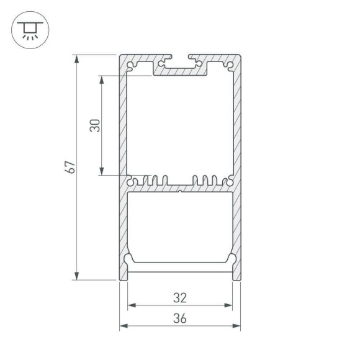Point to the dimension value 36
pos(180,318)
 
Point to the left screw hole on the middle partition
pos(132,182)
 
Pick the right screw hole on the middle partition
pos(228,182)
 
